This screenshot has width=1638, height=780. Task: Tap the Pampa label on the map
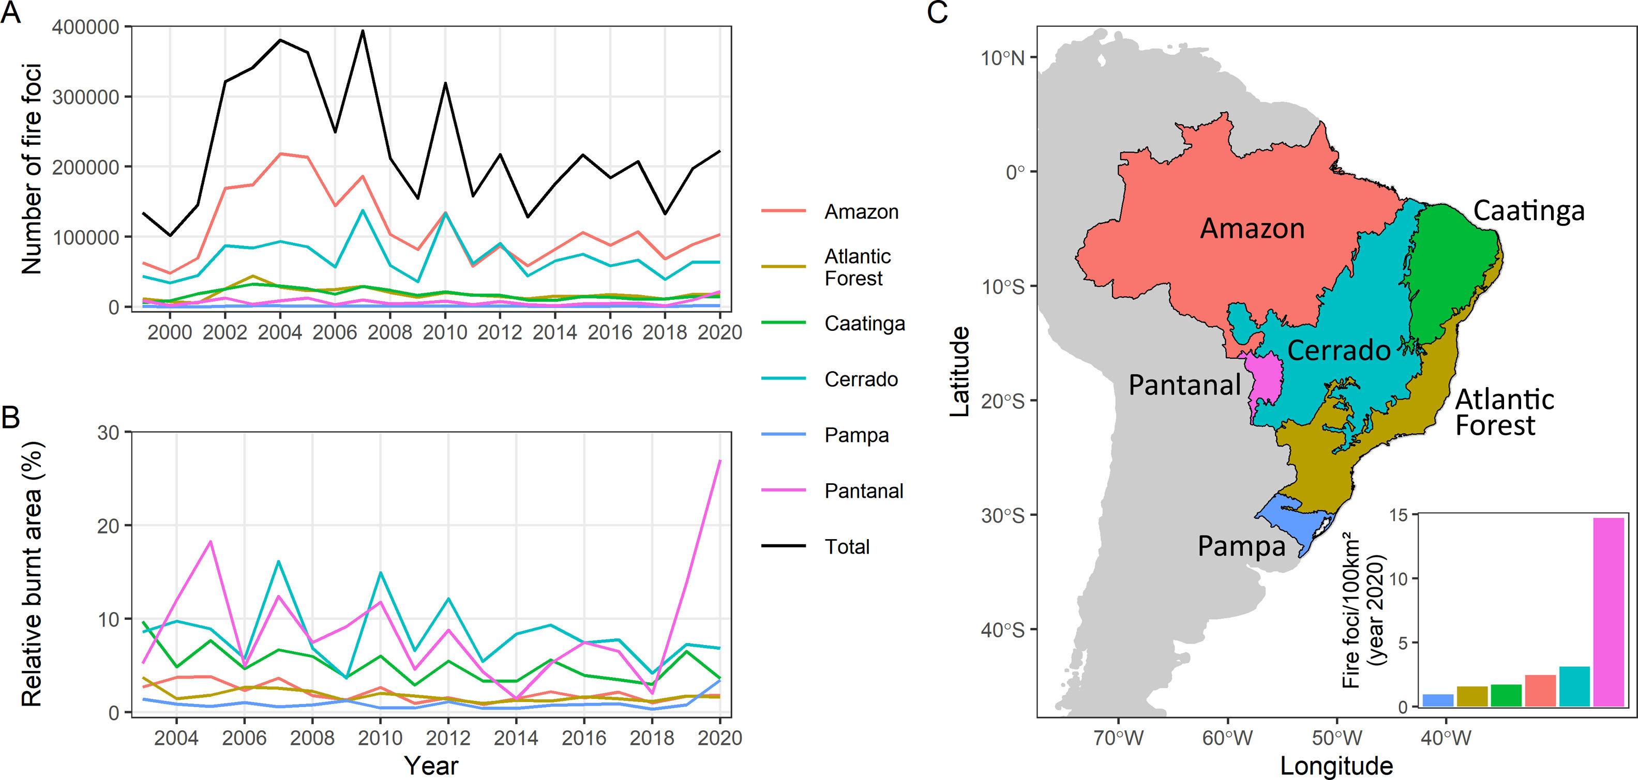[x=1241, y=546]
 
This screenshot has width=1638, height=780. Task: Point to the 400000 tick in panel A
[x=87, y=27]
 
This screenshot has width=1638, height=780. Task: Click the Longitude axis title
[x=1336, y=766]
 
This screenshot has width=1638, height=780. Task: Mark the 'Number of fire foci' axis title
[x=32, y=169]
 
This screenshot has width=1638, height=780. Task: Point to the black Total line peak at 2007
[x=363, y=30]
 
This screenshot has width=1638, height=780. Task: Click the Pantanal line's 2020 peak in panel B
[x=719, y=460]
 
